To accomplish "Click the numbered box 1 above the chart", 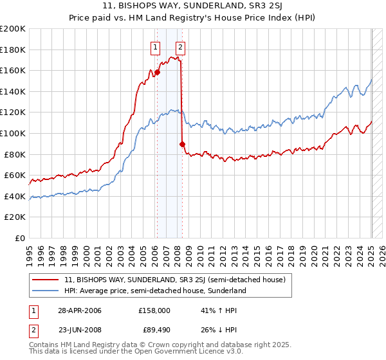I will click(x=156, y=46).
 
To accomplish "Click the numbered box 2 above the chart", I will click(x=180, y=46).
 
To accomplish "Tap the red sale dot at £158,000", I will click(x=157, y=73).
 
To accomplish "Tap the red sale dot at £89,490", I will click(x=182, y=144).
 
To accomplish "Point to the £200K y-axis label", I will click(x=13, y=29).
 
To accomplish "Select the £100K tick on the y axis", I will click(x=13, y=133).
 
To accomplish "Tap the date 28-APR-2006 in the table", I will click(x=79, y=310).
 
